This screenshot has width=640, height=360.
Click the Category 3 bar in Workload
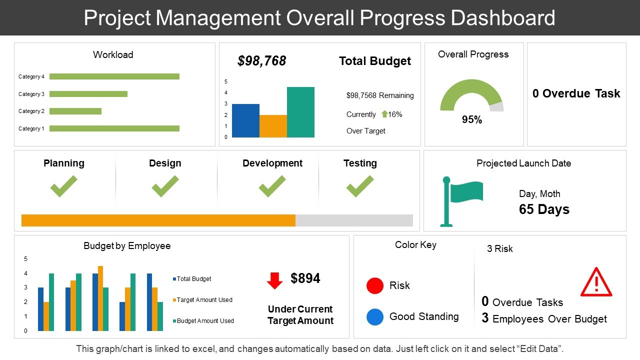(88, 94)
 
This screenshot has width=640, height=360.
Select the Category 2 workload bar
(75, 111)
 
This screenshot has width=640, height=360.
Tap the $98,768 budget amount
(261, 61)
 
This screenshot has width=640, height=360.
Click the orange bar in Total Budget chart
(273, 126)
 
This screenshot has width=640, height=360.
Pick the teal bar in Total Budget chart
(300, 112)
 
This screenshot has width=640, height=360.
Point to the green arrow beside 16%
(384, 114)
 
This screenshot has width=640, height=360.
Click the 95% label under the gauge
(471, 120)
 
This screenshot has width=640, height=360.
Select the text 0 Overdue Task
(576, 93)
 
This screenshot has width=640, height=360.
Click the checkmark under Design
(165, 186)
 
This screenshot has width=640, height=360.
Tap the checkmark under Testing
(359, 186)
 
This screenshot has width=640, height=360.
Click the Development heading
(272, 163)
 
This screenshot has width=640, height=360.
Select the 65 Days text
(544, 209)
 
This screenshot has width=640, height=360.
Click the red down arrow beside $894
(274, 280)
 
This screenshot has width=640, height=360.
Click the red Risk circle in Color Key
(375, 285)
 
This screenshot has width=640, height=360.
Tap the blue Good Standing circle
(375, 316)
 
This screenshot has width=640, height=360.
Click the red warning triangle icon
(596, 283)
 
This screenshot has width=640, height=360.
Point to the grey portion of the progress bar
(354, 220)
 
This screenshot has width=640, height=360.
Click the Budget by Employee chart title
(127, 246)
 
